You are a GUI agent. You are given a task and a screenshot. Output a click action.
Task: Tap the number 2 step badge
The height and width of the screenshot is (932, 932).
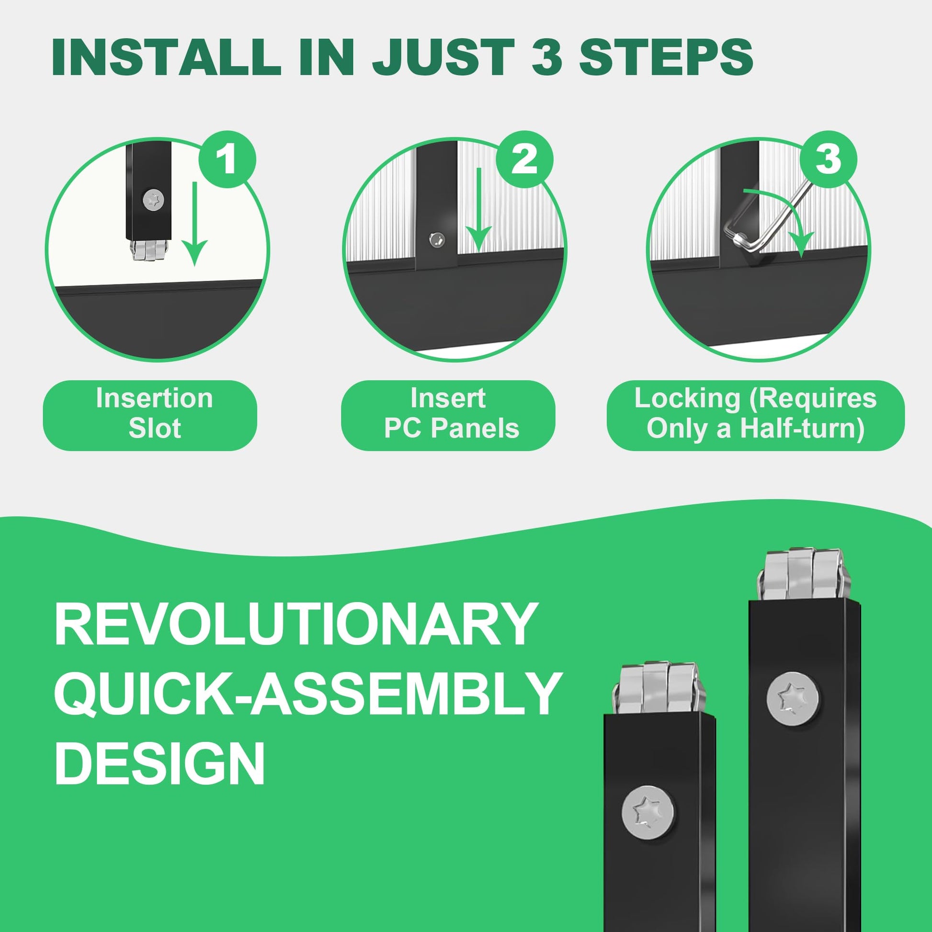pyautogui.click(x=524, y=159)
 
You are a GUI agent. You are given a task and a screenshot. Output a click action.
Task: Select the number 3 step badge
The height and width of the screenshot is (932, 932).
pyautogui.click(x=828, y=159)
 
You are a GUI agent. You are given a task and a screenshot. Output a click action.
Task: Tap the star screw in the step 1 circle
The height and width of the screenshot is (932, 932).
pyautogui.click(x=154, y=199)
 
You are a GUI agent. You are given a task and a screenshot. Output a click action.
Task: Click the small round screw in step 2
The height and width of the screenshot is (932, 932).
pyautogui.click(x=437, y=239)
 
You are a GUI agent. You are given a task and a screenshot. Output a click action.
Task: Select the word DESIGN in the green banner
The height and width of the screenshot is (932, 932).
pyautogui.click(x=159, y=763)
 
